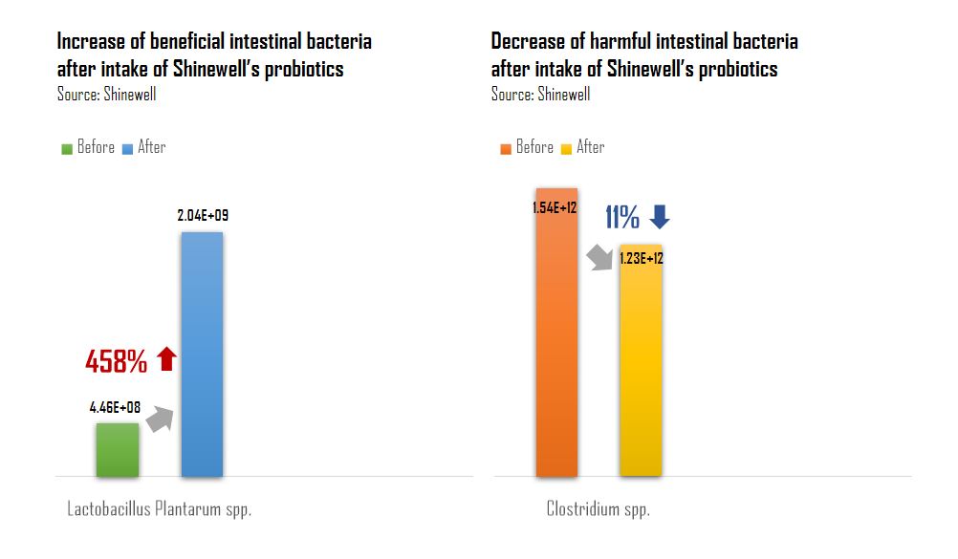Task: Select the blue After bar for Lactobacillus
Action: (x=202, y=354)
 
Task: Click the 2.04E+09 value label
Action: (x=203, y=216)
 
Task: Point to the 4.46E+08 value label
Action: (x=115, y=408)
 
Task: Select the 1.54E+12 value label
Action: (x=555, y=207)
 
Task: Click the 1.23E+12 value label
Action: (x=641, y=258)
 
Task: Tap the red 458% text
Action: (x=117, y=361)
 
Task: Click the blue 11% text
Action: (x=621, y=218)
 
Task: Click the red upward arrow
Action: (x=166, y=359)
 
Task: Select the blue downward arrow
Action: (x=660, y=218)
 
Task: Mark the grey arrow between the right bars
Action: (x=599, y=256)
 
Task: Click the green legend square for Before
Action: (x=67, y=148)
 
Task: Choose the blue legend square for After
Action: (x=127, y=148)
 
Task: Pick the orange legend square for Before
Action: (x=506, y=148)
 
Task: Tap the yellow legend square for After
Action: (x=566, y=148)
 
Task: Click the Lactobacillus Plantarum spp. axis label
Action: (x=159, y=509)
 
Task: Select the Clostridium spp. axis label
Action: (x=598, y=509)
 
